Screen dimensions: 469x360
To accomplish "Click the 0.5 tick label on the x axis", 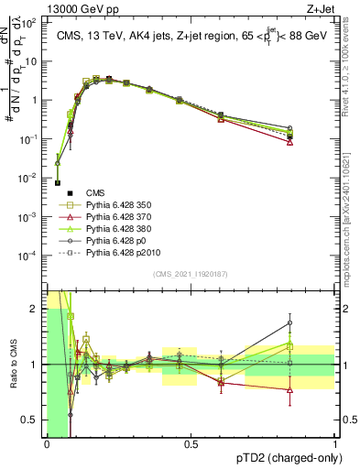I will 191,442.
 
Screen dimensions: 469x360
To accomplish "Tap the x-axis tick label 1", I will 334,442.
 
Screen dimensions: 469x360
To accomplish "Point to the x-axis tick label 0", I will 47,442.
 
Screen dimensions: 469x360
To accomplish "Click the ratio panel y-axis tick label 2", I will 34,309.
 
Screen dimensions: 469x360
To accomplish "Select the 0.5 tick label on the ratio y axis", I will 30,420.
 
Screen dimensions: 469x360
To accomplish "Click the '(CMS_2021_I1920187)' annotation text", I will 190,274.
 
